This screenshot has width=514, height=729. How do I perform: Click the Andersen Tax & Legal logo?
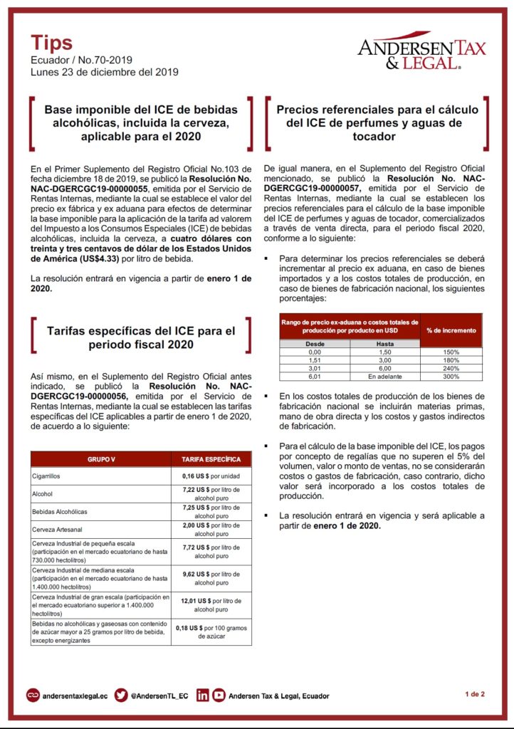421,52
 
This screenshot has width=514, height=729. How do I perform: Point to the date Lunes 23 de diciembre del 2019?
104,72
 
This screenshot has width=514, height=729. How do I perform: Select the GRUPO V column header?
100,460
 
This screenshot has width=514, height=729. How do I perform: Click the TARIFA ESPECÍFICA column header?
211,460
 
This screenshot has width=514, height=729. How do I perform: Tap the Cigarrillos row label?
46,475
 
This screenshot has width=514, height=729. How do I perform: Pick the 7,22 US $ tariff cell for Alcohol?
211,493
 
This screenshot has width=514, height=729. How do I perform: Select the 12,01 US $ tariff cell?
211,605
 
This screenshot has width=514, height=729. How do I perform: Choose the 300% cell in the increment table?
451,376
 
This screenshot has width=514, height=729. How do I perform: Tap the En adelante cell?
385,376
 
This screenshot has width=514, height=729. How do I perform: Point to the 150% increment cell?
451,352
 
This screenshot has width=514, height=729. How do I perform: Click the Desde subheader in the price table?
315,343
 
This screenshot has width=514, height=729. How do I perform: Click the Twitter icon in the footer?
121,695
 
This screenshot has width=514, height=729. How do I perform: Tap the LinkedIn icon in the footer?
203,695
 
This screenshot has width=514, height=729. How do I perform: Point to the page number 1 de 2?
475,693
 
